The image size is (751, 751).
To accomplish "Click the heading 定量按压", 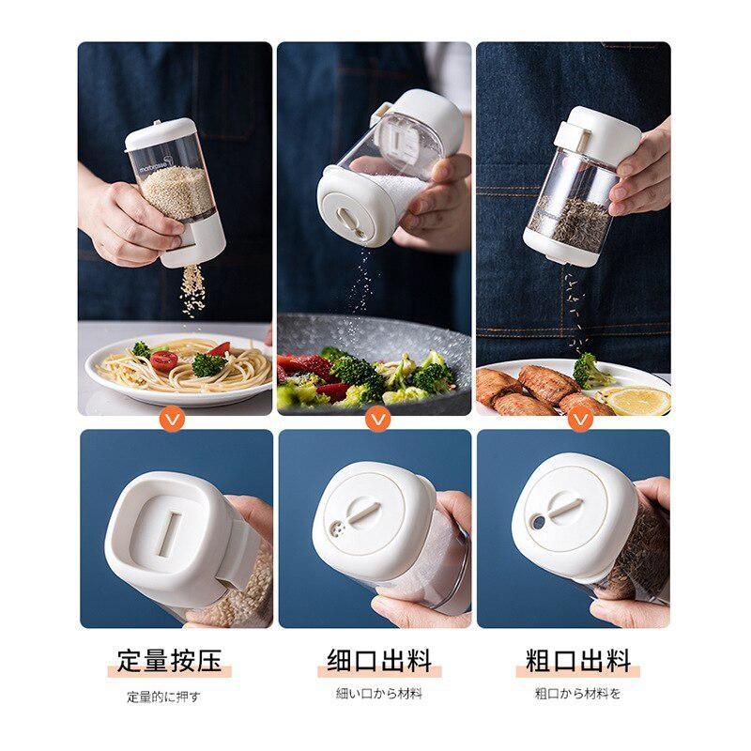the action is pyautogui.click(x=170, y=661).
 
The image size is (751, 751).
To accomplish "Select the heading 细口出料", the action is pyautogui.click(x=379, y=661).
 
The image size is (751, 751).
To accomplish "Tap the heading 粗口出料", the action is pyautogui.click(x=578, y=661).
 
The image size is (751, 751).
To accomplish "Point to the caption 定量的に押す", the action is pyautogui.click(x=162, y=697).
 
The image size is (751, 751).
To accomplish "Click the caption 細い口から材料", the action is pyautogui.click(x=379, y=693).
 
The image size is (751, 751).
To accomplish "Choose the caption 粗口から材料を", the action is pyautogui.click(x=577, y=693).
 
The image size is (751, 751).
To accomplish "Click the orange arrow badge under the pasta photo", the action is pyautogui.click(x=174, y=420).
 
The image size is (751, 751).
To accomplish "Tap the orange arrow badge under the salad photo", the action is pyautogui.click(x=378, y=419).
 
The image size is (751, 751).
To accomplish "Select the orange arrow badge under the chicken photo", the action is pyautogui.click(x=581, y=420).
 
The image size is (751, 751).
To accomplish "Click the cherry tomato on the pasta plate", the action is pyautogui.click(x=163, y=360).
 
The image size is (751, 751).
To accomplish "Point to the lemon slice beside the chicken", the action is pyautogui.click(x=638, y=401).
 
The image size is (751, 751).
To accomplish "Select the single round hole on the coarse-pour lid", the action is pyautogui.click(x=538, y=523).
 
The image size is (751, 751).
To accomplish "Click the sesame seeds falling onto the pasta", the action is pyautogui.click(x=192, y=289).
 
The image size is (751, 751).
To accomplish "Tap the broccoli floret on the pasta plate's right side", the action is pyautogui.click(x=208, y=364).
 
